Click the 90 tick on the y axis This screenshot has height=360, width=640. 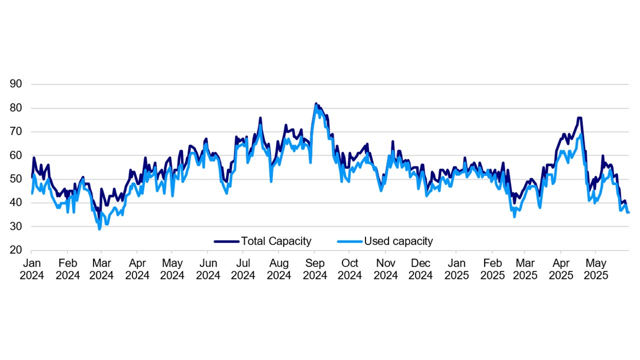tap(16, 84)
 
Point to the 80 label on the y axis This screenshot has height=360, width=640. tap(16, 108)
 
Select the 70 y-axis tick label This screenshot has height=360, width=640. tap(16, 131)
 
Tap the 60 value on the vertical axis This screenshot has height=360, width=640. tap(16, 155)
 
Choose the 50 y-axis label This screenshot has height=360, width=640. tap(16, 179)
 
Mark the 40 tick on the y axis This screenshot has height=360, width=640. tap(16, 203)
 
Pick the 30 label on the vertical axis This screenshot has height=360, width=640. tap(16, 226)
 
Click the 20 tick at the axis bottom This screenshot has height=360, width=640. tap(16, 250)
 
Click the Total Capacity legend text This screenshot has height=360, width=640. tap(276, 241)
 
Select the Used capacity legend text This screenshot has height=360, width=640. tap(398, 241)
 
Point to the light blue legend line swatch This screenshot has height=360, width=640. tap(349, 241)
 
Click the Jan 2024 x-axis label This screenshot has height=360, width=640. tap(31, 269)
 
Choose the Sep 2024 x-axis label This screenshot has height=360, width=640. tap(314, 269)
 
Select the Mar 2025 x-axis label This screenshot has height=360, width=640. tap(525, 269)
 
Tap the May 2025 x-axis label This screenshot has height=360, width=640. tap(595, 269)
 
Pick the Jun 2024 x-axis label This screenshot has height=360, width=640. tap(208, 269)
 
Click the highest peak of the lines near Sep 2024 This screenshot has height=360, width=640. tap(316, 104)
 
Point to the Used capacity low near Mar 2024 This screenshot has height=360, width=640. tap(99, 229)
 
